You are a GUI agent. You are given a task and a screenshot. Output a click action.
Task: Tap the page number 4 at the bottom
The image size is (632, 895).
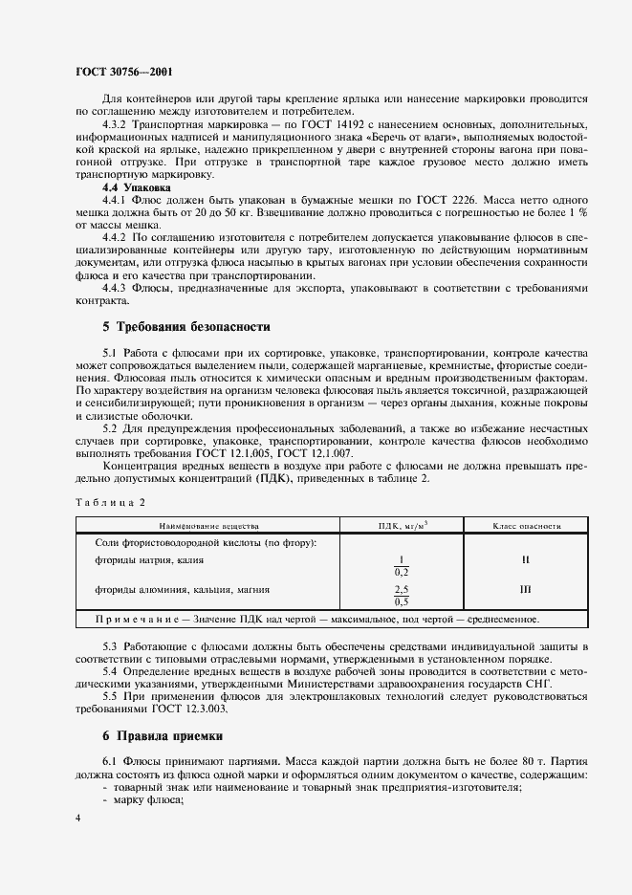[x=79, y=819]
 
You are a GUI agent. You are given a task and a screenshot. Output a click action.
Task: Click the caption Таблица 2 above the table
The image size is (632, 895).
[x=110, y=501]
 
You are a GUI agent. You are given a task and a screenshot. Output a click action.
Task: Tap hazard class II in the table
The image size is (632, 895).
[x=526, y=560]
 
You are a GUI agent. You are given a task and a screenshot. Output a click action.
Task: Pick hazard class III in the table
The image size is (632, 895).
[x=526, y=591]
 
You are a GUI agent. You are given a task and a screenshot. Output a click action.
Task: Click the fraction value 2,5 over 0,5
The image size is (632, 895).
[x=402, y=596]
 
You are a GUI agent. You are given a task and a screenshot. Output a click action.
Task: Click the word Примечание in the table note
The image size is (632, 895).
[x=142, y=619]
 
